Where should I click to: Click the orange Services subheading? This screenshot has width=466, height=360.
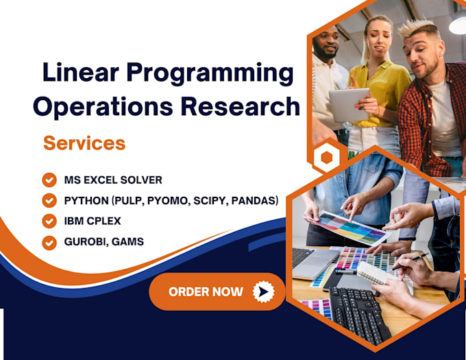pyautogui.click(x=84, y=143)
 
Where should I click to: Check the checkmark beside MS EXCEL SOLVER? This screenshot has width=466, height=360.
pyautogui.click(x=49, y=180)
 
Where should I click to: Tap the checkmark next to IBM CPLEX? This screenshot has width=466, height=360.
pyautogui.click(x=49, y=221)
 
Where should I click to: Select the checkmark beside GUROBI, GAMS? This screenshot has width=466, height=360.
pyautogui.click(x=49, y=242)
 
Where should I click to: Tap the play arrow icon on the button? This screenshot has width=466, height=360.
pyautogui.click(x=263, y=291)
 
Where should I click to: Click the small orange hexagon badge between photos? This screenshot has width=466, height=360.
pyautogui.click(x=326, y=158)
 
